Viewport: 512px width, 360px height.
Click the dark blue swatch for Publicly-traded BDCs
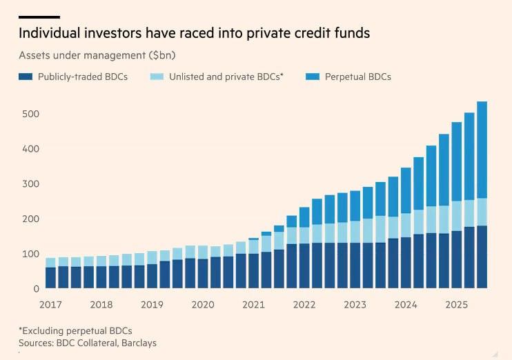[x=26, y=77]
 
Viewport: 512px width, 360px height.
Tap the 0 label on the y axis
[x=35, y=289]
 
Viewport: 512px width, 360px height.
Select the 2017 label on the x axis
[x=51, y=304]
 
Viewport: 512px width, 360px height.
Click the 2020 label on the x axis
[x=203, y=304]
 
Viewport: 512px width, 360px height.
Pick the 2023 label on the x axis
[x=355, y=304]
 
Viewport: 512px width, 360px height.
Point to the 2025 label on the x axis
[x=456, y=304]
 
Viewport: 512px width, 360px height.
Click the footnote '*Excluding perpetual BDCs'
[x=75, y=330]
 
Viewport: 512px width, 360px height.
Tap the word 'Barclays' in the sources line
[x=140, y=343]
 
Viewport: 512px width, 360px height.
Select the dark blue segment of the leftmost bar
[x=51, y=277]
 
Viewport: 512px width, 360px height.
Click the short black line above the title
[x=39, y=17]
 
